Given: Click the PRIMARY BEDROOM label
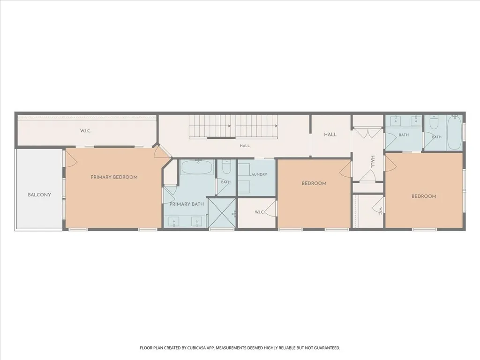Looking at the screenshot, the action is [114, 177].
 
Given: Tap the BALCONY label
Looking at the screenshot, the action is [39, 195].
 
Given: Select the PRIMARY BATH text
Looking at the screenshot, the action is [187, 204].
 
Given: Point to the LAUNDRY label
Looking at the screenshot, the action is [259, 174].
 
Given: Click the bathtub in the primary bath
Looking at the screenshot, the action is [197, 167].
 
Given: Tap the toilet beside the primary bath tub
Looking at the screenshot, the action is [226, 167].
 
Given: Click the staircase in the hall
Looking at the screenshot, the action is [233, 127].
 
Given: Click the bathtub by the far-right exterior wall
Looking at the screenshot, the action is [454, 133].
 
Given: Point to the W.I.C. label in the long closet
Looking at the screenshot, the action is [86, 131].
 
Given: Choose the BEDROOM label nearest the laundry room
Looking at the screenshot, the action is [314, 183].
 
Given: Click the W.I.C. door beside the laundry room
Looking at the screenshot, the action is [270, 208].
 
